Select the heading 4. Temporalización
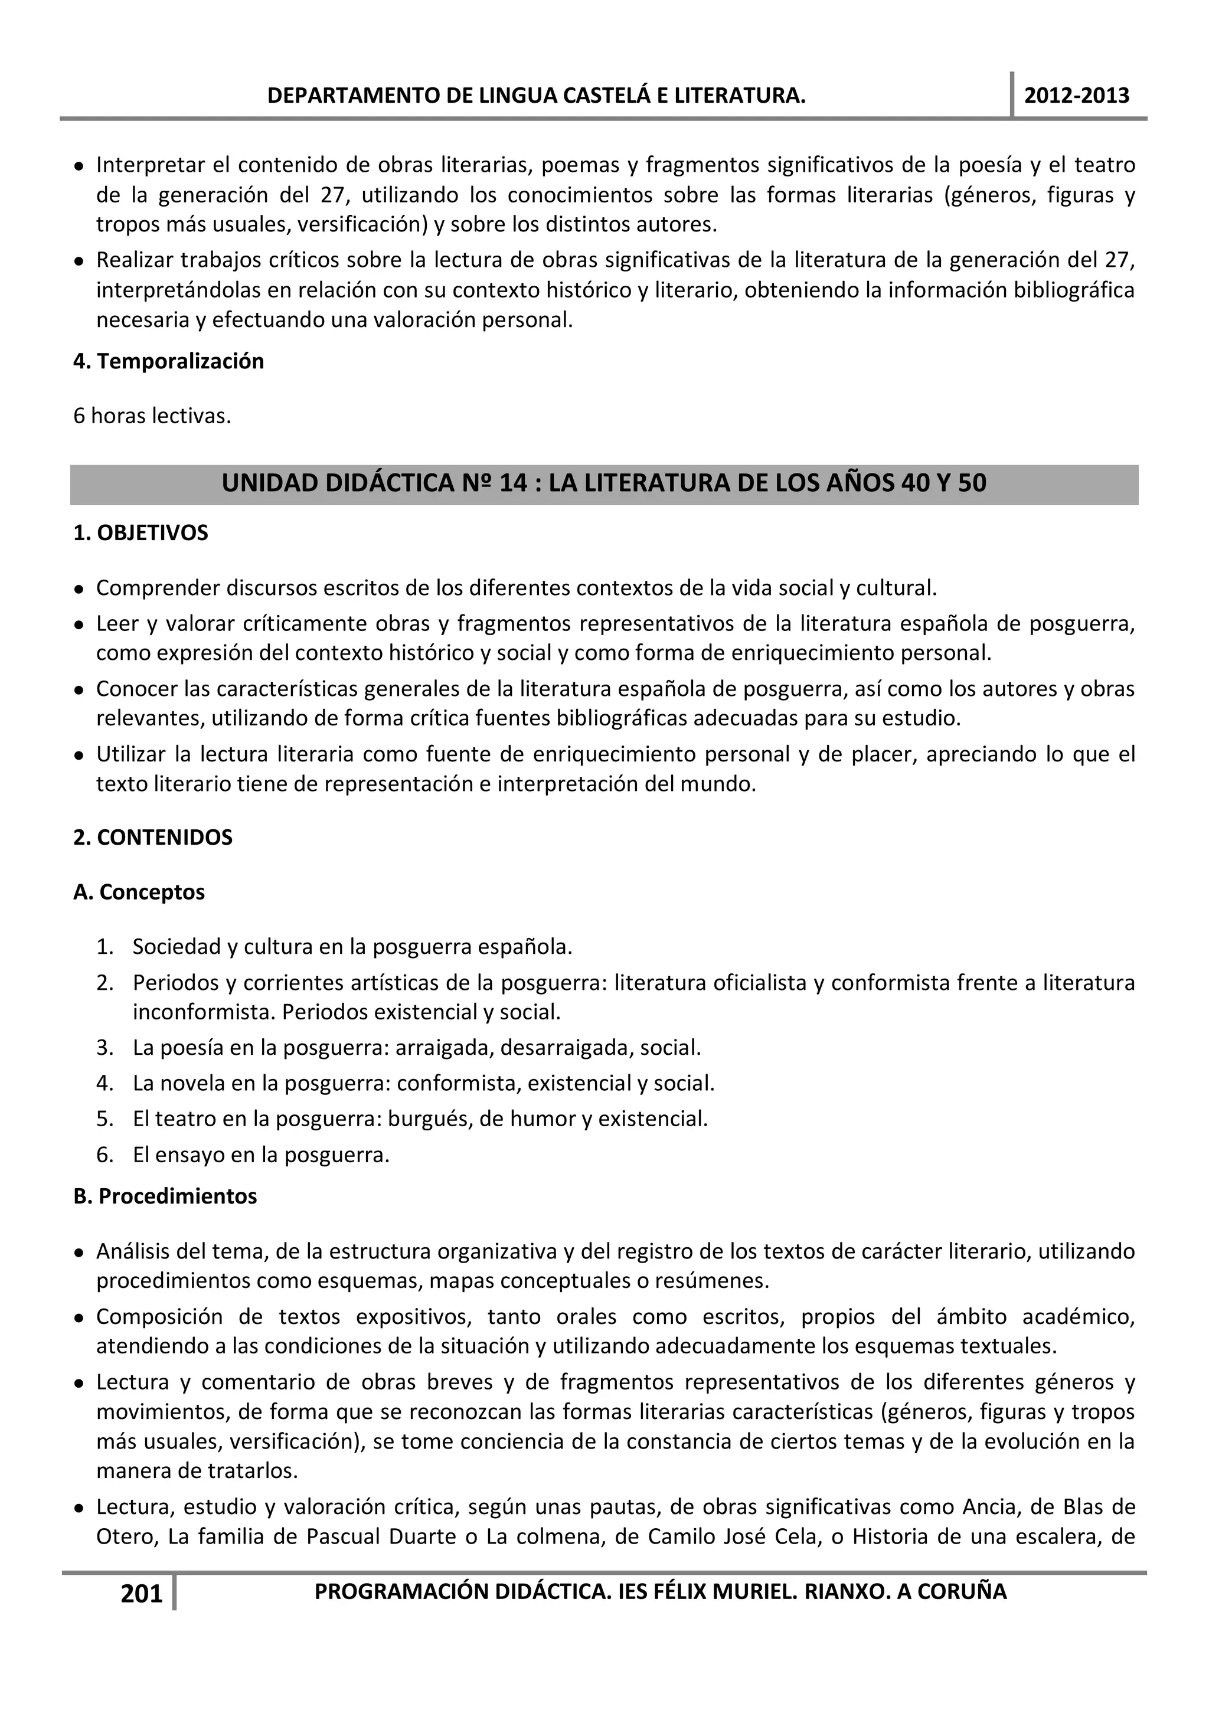pos(168,361)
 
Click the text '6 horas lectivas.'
pos(152,416)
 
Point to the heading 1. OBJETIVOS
pos(140,533)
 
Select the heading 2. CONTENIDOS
pos(153,838)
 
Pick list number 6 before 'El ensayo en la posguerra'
pos(104,1156)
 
